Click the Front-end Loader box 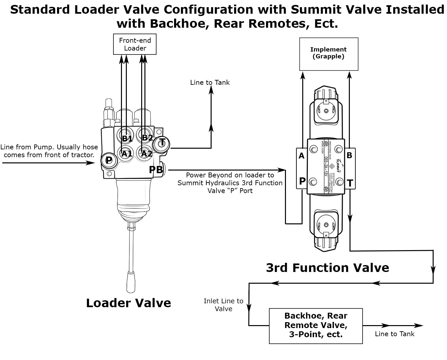tap(135, 44)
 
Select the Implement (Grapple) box tap(329, 54)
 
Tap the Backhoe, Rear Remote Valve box tap(316, 325)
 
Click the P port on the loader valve tap(109, 160)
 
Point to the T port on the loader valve tap(162, 142)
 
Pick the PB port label tap(156, 170)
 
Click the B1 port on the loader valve tap(127, 138)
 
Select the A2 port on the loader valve tap(146, 153)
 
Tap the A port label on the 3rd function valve tap(302, 156)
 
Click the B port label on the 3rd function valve tap(350, 155)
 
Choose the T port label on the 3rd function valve tap(350, 183)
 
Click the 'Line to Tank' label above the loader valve tap(210, 82)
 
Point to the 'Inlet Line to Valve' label tap(223, 305)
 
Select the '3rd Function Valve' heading tap(327, 268)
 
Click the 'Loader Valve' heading tap(128, 303)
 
